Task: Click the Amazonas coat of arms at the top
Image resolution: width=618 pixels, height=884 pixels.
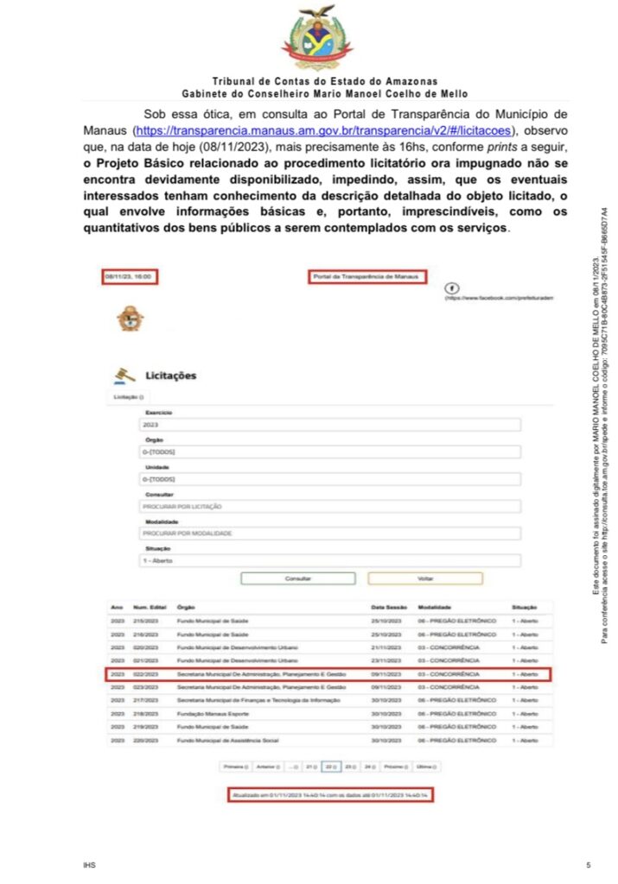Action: coord(317,37)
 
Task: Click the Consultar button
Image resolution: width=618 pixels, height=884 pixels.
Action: coord(297,578)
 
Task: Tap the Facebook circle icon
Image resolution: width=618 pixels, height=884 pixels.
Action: coord(450,287)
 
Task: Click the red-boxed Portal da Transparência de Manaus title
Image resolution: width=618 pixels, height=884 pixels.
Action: coord(366,277)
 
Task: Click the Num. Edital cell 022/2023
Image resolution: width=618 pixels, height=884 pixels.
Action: coord(144,673)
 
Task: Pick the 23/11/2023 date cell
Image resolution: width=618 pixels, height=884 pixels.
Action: coord(388,660)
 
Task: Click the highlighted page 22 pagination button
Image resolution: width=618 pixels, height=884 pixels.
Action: coord(330,766)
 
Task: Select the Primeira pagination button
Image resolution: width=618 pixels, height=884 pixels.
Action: coord(235,766)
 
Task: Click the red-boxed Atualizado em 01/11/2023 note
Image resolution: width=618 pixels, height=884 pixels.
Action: coord(330,793)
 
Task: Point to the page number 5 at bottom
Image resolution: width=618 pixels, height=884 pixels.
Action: coord(589,864)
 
